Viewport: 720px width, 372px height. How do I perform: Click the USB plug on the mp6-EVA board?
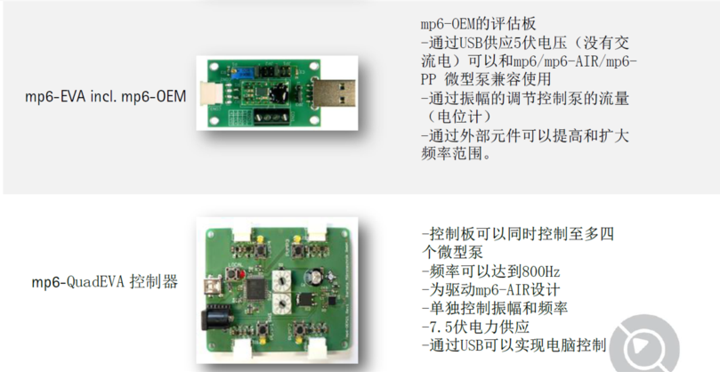point(334,93)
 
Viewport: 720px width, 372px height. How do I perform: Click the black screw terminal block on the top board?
point(271,117)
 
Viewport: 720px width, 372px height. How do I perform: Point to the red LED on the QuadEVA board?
point(243,275)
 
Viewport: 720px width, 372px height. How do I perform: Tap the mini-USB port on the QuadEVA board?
point(214,282)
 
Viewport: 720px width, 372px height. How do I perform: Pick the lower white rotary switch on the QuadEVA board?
point(282,303)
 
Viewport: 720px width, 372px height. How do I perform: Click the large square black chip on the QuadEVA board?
point(255,288)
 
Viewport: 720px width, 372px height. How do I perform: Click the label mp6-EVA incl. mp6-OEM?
point(106,97)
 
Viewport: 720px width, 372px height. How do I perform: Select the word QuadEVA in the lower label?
point(95,281)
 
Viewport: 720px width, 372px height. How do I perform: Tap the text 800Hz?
point(541,271)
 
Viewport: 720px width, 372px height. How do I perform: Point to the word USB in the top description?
point(465,44)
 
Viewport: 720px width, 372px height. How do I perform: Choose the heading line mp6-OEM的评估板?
point(478,24)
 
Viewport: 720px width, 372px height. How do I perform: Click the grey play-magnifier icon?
point(646,344)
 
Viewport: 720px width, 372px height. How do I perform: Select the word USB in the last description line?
point(465,345)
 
